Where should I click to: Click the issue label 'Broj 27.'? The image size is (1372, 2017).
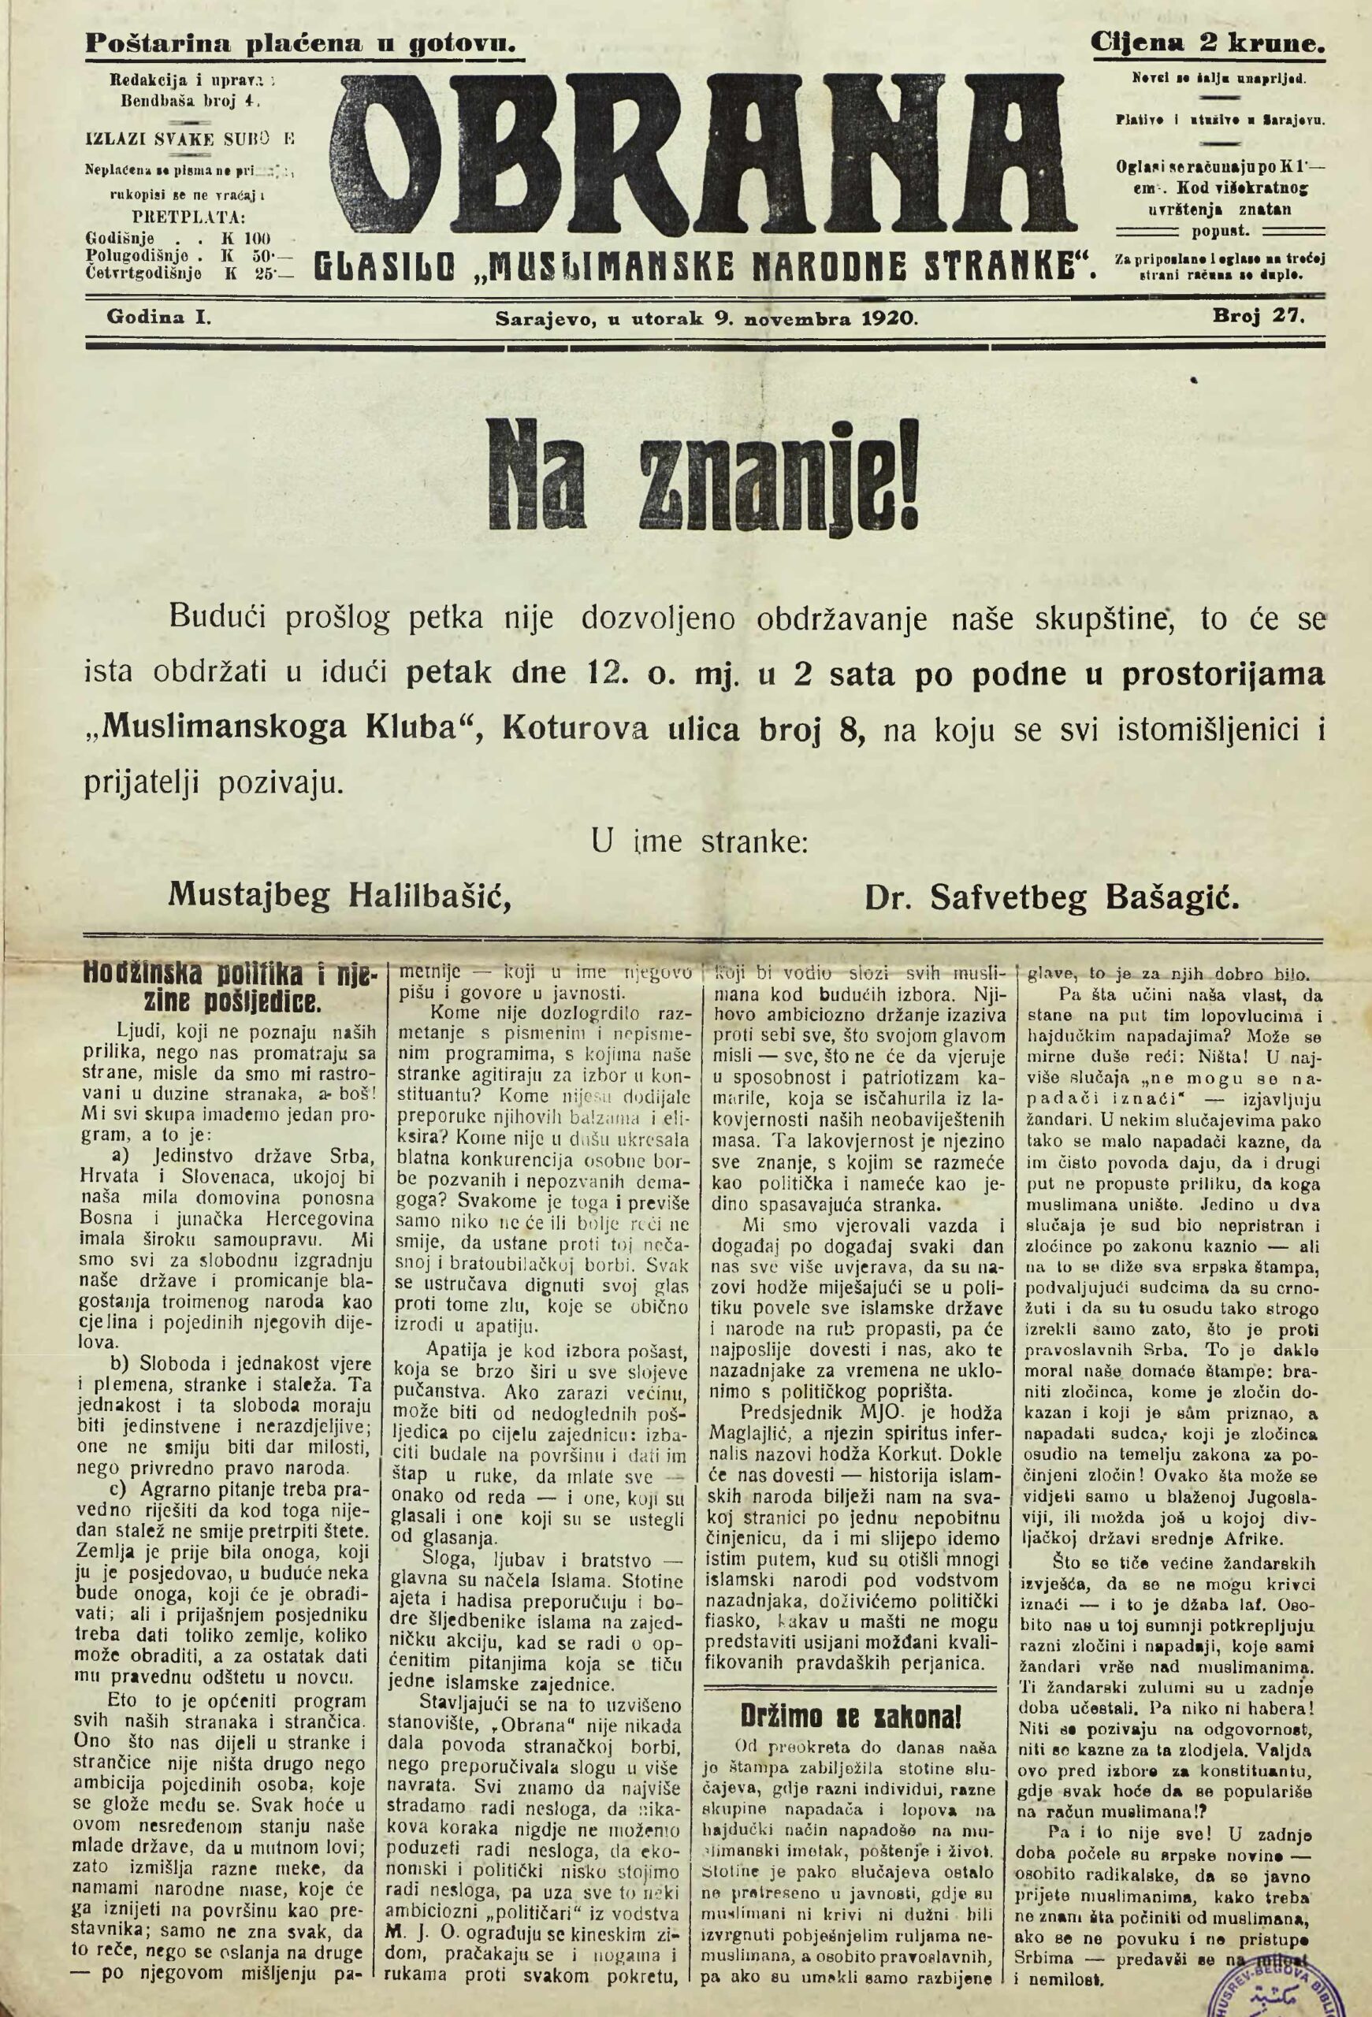pos(1259,318)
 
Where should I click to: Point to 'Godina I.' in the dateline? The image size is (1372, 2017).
pos(159,318)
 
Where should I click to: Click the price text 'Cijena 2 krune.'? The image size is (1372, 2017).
pos(1208,40)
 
